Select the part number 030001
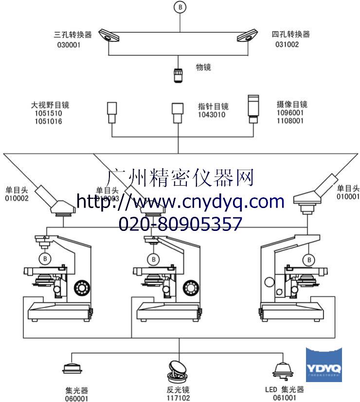click(x=69, y=45)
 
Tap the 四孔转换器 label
click(x=290, y=35)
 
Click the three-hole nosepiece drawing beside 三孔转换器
click(x=109, y=35)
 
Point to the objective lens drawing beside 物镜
click(x=178, y=75)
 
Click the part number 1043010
click(x=211, y=115)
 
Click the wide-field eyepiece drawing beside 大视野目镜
click(x=113, y=111)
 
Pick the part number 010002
click(x=17, y=198)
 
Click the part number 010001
click(x=348, y=196)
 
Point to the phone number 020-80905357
click(x=180, y=224)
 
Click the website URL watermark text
click(x=180, y=201)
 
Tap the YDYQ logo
click(x=324, y=365)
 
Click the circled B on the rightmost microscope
click(x=309, y=260)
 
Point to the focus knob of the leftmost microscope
click(x=82, y=289)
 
